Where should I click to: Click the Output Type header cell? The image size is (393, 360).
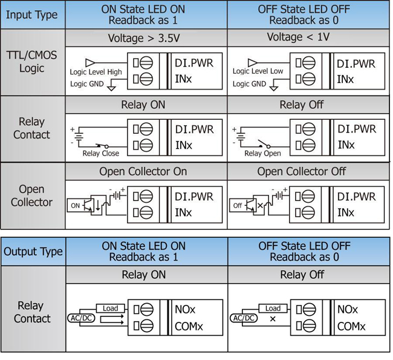coord(33,252)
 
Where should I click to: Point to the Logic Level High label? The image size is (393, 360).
coord(96,72)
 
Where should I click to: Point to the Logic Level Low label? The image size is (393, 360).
coord(258,71)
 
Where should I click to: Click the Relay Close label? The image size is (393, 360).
coord(101,153)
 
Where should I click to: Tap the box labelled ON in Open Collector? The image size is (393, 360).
coord(76,205)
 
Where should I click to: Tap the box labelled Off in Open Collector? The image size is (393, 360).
coord(238,205)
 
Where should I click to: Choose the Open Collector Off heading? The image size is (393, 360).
coord(301,172)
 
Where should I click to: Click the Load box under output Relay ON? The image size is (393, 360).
coord(110,308)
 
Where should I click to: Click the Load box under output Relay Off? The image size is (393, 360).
coord(273,308)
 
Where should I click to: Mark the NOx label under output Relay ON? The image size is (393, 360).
coord(185,309)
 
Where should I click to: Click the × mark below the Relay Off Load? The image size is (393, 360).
coord(273,318)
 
